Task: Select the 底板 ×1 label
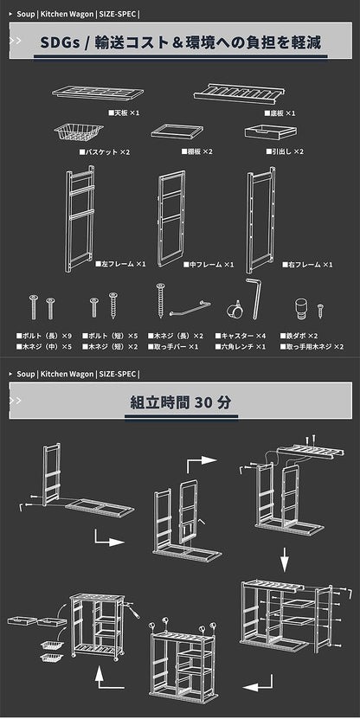(x=280, y=112)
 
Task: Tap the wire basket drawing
(x=79, y=132)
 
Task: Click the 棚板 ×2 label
(x=196, y=151)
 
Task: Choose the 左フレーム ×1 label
(x=120, y=264)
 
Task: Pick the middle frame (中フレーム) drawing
(x=171, y=219)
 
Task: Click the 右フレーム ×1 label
(x=307, y=265)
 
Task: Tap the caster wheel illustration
(x=235, y=310)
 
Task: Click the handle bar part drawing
(x=190, y=308)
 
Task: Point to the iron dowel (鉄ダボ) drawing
(x=301, y=309)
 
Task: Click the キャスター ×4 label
(x=240, y=336)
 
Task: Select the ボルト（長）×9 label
(x=44, y=336)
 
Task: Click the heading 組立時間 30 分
(x=181, y=402)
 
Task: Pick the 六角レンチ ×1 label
(x=241, y=347)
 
